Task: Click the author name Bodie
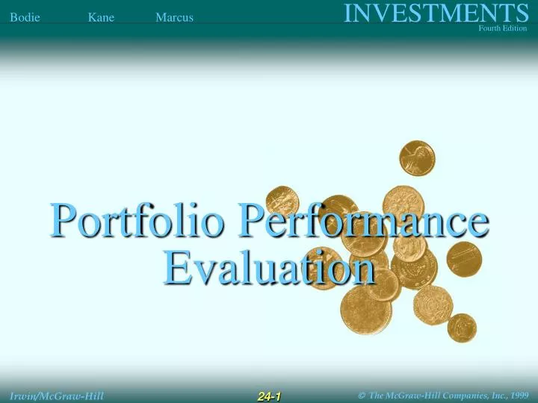(x=25, y=17)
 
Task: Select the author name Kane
(x=101, y=17)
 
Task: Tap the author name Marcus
(x=174, y=17)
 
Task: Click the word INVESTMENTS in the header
(x=436, y=13)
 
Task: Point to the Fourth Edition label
(x=503, y=28)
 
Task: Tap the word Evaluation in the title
(x=269, y=266)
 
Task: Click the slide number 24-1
(x=269, y=396)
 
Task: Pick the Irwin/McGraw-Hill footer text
(x=57, y=396)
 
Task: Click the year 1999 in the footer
(x=517, y=396)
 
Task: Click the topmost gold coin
(x=417, y=157)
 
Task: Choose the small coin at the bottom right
(x=461, y=327)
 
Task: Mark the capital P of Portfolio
(x=64, y=222)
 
